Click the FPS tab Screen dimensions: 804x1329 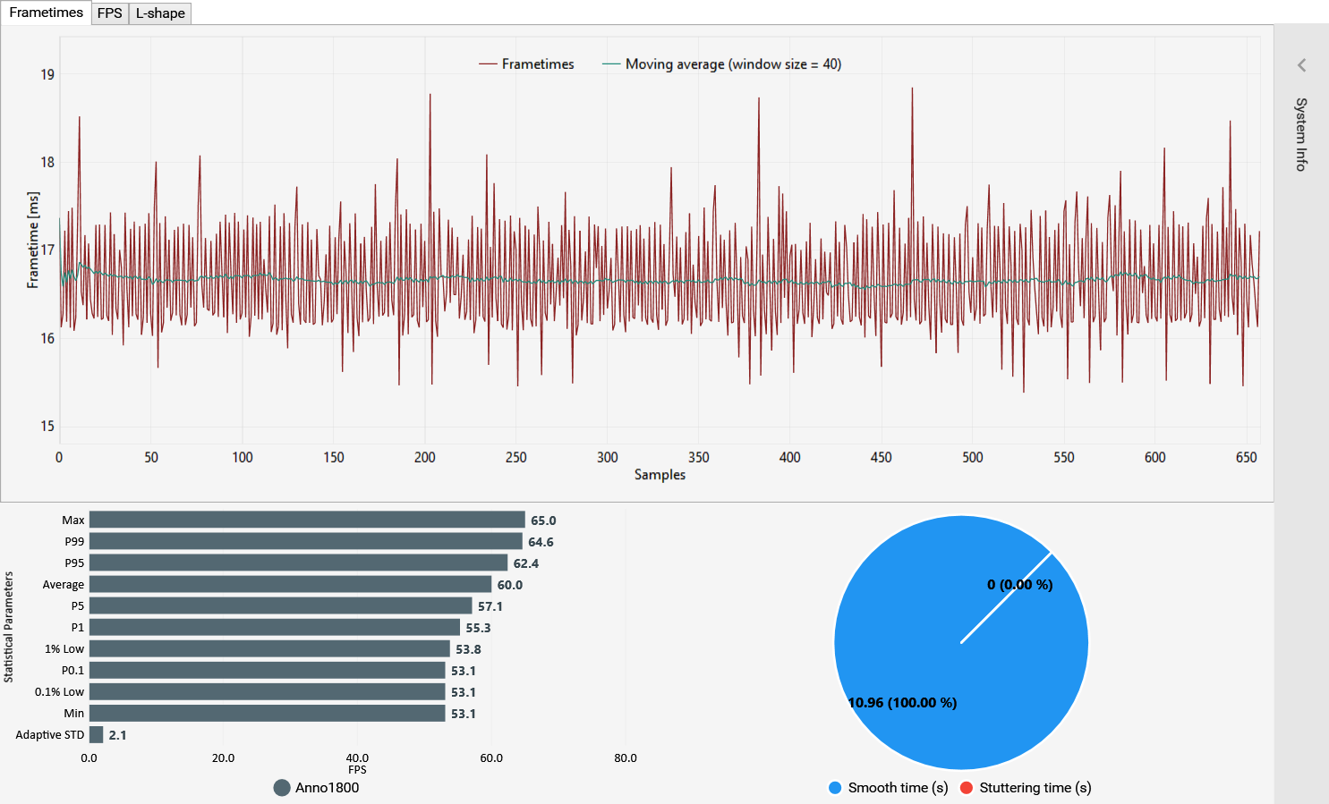(x=109, y=13)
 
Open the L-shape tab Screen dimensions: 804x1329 (x=160, y=13)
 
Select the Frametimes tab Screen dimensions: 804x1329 (x=46, y=13)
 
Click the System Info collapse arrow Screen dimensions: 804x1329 (x=1301, y=65)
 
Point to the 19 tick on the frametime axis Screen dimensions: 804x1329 (x=47, y=75)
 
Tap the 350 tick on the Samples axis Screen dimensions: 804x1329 (x=698, y=458)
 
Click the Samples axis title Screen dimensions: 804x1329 (x=660, y=475)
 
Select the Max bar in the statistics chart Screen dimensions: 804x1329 (x=307, y=520)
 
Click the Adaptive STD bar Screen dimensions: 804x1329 (x=97, y=735)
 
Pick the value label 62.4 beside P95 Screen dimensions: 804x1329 (x=526, y=563)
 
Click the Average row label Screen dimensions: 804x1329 (x=64, y=585)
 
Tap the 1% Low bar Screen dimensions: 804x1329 (x=269, y=649)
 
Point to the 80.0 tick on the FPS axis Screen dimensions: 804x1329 (x=626, y=758)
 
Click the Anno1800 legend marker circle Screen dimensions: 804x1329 (x=282, y=788)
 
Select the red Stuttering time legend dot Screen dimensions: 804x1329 (x=967, y=788)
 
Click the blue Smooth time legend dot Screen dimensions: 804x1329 (x=835, y=788)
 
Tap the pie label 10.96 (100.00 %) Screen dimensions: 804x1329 (x=902, y=703)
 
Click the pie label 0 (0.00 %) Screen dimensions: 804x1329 (x=1019, y=585)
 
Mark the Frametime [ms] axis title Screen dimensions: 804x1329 (x=33, y=240)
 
